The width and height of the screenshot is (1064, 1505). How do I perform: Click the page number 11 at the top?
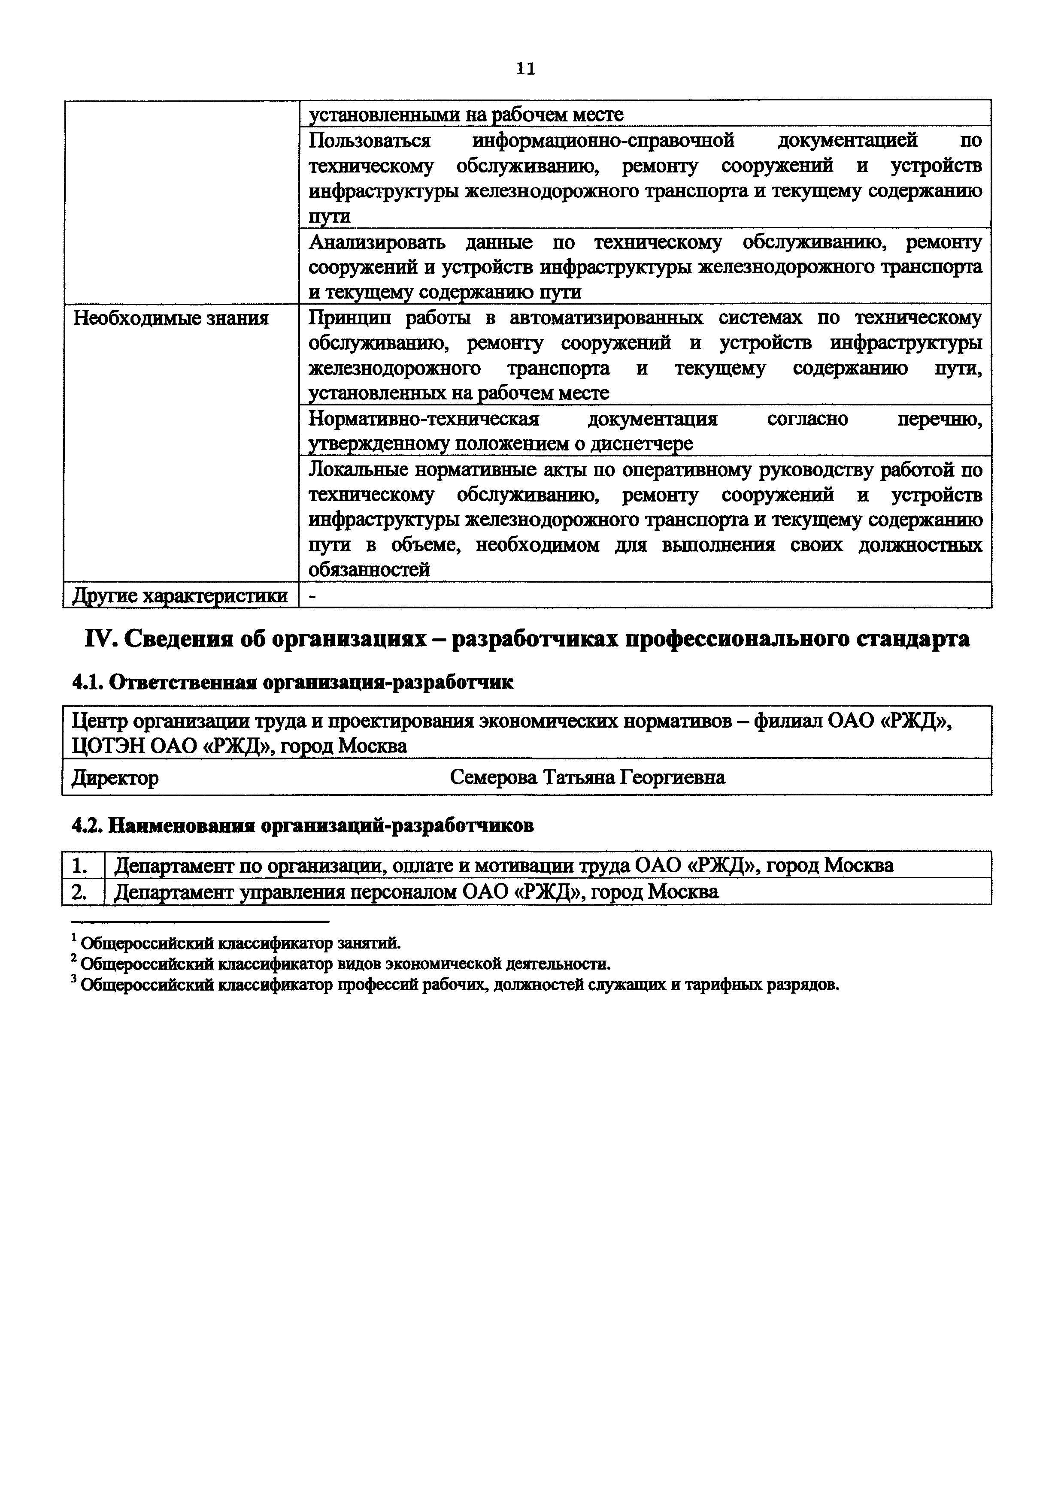[x=526, y=69]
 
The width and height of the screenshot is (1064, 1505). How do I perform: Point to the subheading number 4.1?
[x=86, y=683]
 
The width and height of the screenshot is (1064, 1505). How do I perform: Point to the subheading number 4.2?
[x=86, y=826]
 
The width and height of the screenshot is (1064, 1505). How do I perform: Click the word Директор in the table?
[x=115, y=778]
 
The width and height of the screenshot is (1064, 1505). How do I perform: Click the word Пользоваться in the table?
[x=369, y=140]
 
